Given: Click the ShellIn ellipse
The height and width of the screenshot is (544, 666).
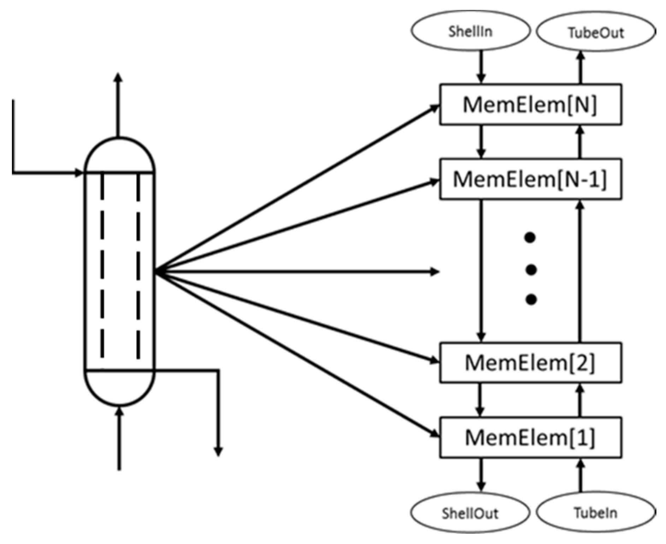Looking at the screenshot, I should pos(470,31).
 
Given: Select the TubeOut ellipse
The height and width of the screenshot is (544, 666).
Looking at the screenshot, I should pos(596,32).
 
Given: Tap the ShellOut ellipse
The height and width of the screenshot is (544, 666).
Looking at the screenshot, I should pos(470,513).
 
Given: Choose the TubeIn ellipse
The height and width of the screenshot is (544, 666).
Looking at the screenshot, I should pos(596,513).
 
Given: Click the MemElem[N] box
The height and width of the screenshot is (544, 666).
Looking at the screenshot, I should pos(530,105).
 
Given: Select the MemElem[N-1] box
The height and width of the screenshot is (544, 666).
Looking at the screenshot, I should pos(530,179).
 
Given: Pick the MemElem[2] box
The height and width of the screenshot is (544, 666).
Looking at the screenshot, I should pos(530,362).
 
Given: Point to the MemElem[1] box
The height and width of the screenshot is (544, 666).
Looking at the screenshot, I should pos(530,437).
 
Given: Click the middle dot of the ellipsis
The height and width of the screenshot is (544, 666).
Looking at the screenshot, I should pos(531,270).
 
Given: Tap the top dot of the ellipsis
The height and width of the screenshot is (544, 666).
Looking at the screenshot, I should pos(530,238).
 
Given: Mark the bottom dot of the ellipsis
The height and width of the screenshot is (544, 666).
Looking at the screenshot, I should pos(531,300).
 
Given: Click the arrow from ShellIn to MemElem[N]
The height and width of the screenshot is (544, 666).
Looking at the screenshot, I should pos(481,67).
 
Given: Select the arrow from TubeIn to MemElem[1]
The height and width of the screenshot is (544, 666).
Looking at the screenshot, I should pos(580,475).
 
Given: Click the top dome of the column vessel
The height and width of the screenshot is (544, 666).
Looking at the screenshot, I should pos(119,155).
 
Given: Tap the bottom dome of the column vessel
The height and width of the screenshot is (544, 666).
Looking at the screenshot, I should pos(119,387).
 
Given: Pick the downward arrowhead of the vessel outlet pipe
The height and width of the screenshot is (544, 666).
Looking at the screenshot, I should pos(218,451).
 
